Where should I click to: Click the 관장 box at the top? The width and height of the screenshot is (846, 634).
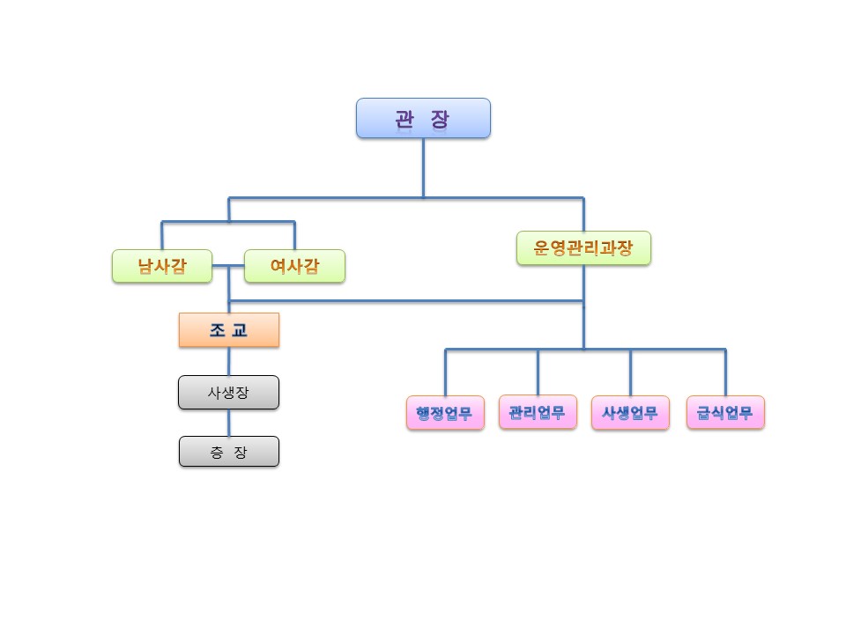pos(423,118)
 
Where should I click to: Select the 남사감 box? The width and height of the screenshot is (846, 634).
pos(162,266)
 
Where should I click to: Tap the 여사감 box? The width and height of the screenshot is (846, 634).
pos(294,266)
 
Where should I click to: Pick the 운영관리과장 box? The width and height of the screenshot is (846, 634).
pos(583,248)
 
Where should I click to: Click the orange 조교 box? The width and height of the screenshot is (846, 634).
pos(229,330)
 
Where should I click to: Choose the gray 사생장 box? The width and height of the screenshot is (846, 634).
pos(229,393)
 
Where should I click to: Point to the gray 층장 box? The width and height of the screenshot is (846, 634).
pos(229,452)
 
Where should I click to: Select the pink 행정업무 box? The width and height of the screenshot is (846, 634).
pos(445,413)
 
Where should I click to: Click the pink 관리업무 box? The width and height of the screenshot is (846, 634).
pos(538,412)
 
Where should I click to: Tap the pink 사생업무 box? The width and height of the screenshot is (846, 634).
pos(630,413)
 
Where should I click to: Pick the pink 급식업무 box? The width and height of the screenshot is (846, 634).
pos(725,412)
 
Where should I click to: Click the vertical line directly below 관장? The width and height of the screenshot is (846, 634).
pos(423,166)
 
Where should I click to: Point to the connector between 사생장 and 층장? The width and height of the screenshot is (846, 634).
pos(229,424)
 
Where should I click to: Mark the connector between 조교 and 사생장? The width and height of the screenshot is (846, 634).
pos(229,362)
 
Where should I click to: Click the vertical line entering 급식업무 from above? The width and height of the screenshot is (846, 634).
pos(725,372)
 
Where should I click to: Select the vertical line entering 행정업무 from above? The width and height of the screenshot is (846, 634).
pos(445,372)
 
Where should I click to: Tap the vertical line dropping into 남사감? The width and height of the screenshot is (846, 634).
pos(162,235)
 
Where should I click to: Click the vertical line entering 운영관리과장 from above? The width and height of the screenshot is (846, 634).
pos(583,214)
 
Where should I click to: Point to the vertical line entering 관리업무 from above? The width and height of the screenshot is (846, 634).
pos(538,372)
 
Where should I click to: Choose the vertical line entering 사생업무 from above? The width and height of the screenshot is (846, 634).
pos(630,372)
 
